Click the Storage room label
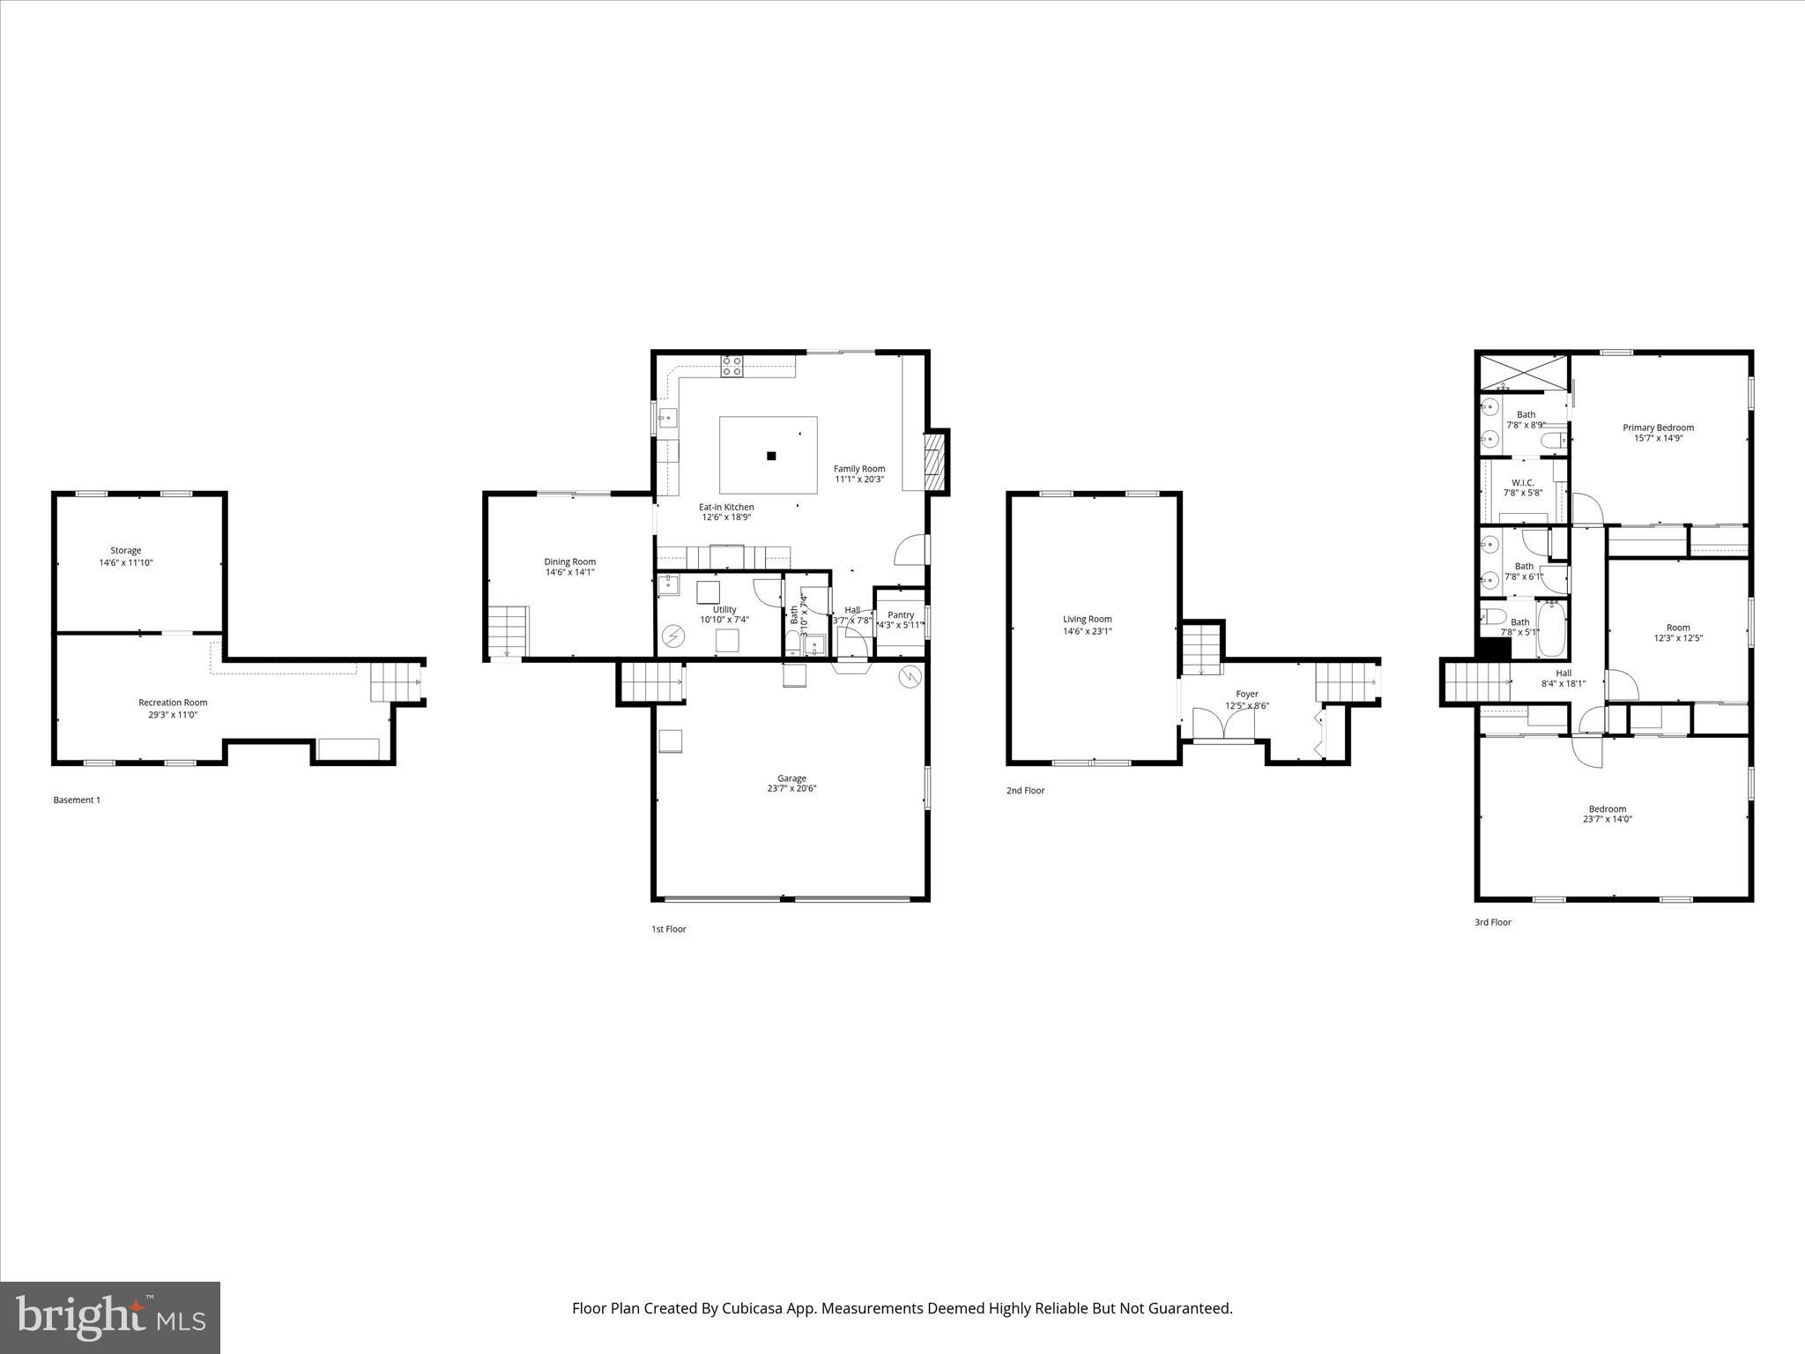point(125,550)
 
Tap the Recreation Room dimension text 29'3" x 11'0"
point(173,715)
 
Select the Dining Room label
point(569,562)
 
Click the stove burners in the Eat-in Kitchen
point(732,366)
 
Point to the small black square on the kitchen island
point(771,456)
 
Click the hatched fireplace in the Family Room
point(933,460)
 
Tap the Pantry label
point(901,614)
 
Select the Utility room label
point(724,609)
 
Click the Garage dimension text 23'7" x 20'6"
point(791,789)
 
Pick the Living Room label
point(1087,619)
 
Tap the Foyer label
point(1246,694)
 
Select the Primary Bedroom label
point(1658,428)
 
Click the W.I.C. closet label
point(1522,482)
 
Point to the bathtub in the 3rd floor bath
point(1552,629)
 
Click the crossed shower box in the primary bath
point(1524,372)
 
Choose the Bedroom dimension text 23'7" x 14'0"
point(1607,819)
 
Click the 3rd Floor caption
point(1493,922)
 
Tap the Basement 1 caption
point(77,800)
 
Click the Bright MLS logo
point(110,1317)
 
